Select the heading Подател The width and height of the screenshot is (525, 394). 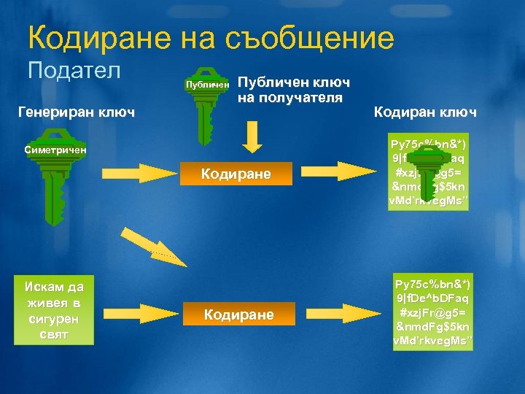(74, 71)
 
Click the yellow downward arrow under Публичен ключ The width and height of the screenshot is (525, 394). (252, 137)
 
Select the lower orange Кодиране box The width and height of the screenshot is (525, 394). (238, 314)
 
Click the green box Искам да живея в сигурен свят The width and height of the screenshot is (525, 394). (54, 310)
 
